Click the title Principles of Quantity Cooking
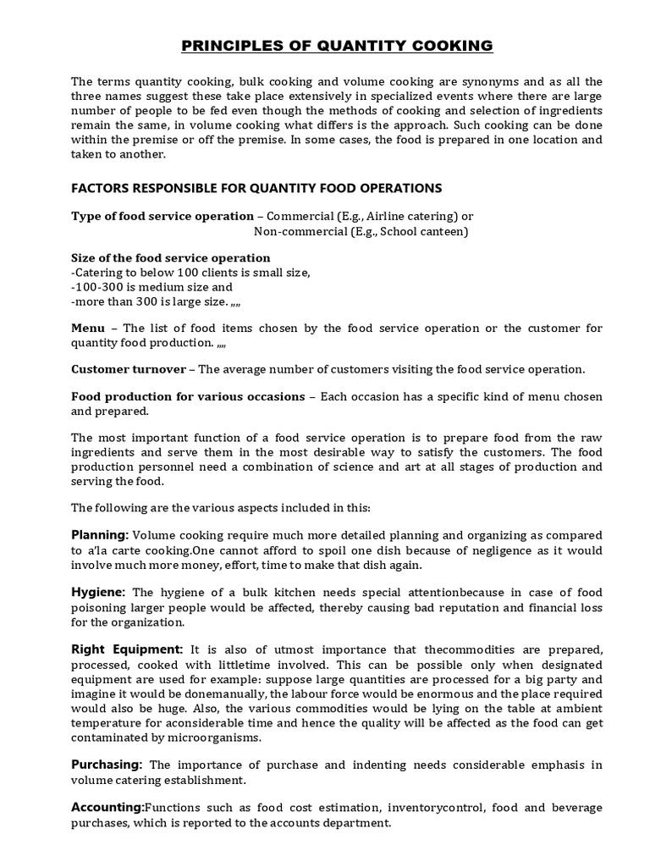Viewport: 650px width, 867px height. [x=325, y=46]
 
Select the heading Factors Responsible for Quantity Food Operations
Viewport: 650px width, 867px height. [x=256, y=187]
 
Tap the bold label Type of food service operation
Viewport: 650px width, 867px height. [x=162, y=216]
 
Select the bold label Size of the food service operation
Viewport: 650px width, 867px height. [x=171, y=257]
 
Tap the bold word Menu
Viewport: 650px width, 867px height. [x=88, y=328]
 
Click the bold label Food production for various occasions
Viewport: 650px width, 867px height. [x=188, y=396]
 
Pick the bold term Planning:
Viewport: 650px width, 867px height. [x=100, y=535]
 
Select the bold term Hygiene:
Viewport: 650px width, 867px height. [x=98, y=591]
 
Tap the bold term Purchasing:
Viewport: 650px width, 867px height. [x=107, y=765]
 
